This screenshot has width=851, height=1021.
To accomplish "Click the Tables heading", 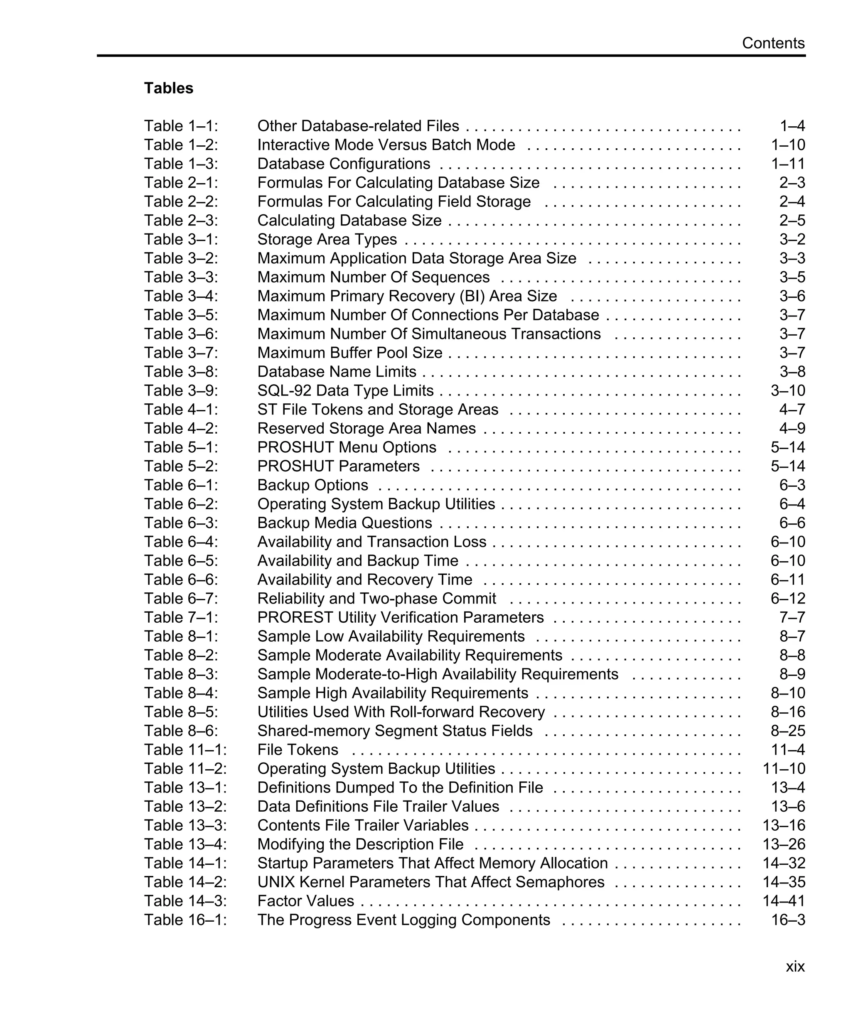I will (x=168, y=88).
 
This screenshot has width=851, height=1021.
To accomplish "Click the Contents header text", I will (x=773, y=43).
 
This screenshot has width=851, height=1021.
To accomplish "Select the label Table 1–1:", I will (x=181, y=126).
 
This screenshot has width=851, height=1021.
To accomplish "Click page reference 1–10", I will (x=788, y=145).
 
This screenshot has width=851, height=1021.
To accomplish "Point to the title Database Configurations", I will (x=343, y=164).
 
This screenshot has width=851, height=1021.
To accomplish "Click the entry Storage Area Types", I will (x=327, y=239).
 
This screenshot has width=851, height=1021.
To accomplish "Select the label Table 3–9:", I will (x=181, y=390).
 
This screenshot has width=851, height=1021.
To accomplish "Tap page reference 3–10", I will (x=788, y=390).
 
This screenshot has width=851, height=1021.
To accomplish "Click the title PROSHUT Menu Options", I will (x=346, y=447).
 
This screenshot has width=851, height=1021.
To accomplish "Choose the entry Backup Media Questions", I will (x=344, y=523).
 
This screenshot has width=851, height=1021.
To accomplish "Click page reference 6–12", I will (x=788, y=599).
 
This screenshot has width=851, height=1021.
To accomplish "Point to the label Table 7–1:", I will (x=181, y=618).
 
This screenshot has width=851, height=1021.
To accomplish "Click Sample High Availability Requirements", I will (x=392, y=693).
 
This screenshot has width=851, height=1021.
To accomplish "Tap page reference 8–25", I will (x=788, y=731).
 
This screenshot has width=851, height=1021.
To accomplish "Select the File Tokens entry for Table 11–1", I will (x=297, y=750).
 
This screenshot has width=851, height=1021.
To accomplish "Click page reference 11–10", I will (x=784, y=769).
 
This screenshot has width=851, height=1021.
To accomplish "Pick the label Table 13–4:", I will (x=185, y=844).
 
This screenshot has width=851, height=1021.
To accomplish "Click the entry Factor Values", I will (x=305, y=901).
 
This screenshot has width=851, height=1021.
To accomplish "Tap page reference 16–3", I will (x=788, y=920).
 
